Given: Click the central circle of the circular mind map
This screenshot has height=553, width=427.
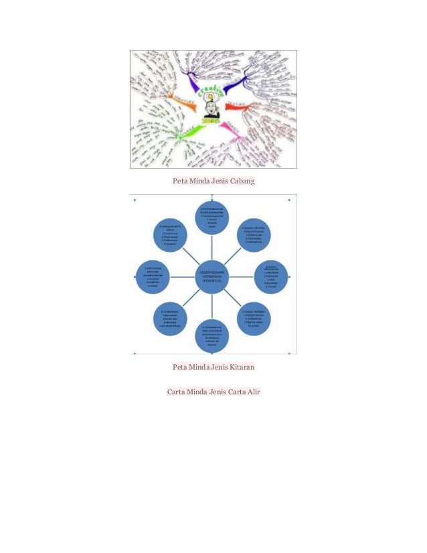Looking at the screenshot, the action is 213,274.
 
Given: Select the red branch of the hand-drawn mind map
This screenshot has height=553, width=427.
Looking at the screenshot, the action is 238,106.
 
